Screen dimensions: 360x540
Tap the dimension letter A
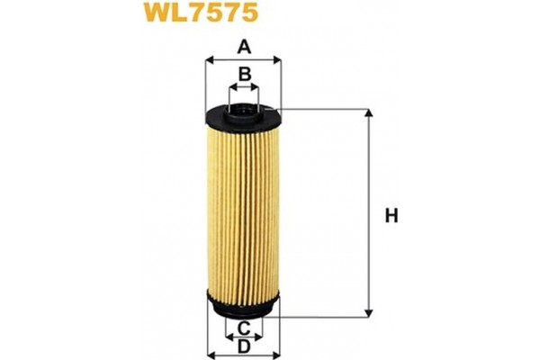pos(243,47)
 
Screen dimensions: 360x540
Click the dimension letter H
pos(391,215)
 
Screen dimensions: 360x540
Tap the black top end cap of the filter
pos(243,115)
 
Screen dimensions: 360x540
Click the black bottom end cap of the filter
pos(243,307)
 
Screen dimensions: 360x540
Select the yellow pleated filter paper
pos(243,211)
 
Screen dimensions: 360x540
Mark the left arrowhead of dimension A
pos(209,60)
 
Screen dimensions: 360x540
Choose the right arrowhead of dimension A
pos(278,60)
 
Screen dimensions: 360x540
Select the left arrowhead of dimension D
pos(211,353)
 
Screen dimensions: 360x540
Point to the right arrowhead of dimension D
pos(276,353)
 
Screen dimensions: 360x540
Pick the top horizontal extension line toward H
pos(324,109)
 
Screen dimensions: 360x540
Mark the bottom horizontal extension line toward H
pos(324,315)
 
